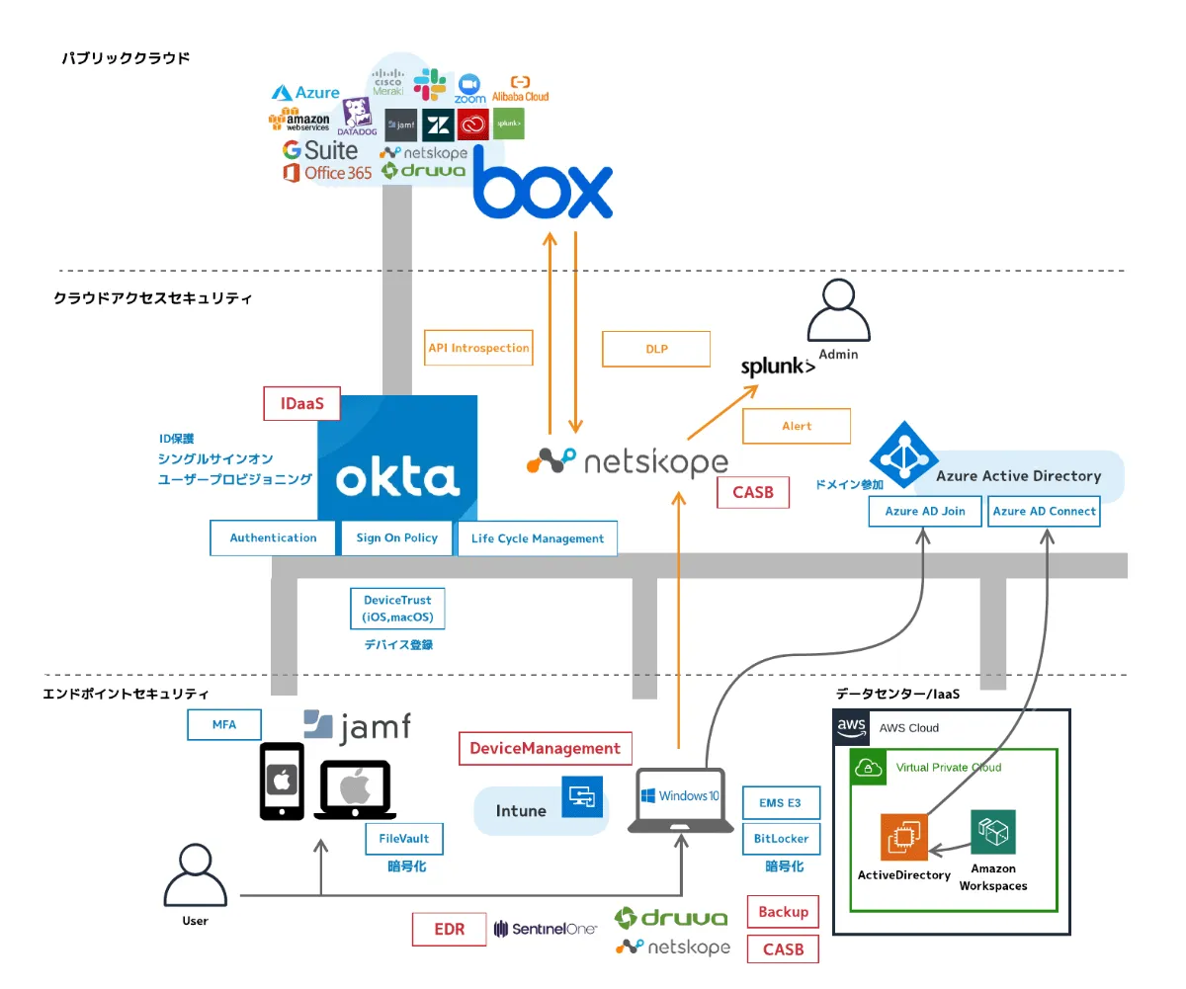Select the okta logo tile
397,458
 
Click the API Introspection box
479,348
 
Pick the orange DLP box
656,349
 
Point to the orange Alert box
797,426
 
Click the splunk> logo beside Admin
779,368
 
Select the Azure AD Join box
925,511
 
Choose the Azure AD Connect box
1044,511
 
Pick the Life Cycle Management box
538,538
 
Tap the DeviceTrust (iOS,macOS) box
397,609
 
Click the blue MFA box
224,724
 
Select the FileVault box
403,839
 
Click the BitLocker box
781,839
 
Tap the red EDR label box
450,929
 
